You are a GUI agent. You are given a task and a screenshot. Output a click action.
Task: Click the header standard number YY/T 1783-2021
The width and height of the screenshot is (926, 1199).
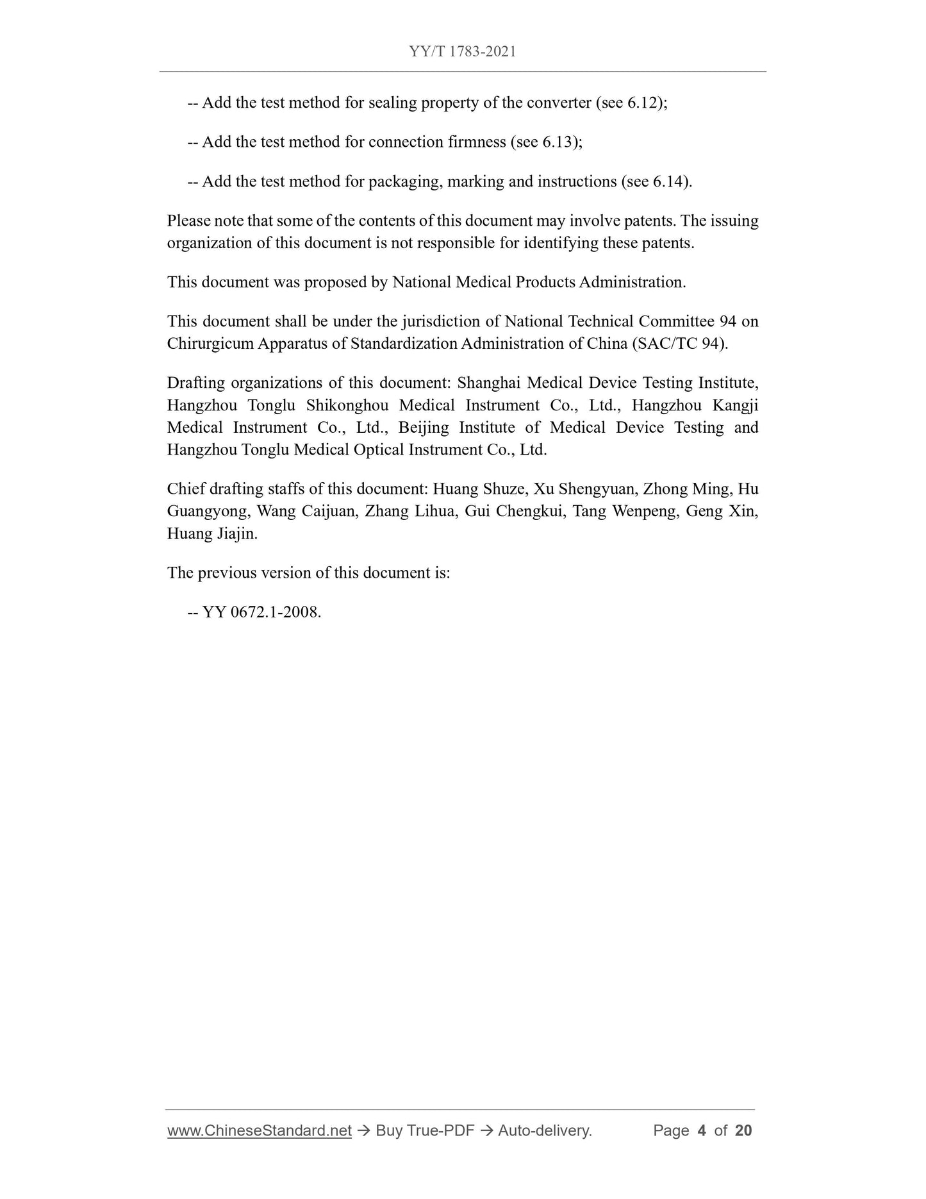pyautogui.click(x=462, y=52)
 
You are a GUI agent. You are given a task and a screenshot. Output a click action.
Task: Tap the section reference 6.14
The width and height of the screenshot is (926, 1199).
pyautogui.click(x=668, y=181)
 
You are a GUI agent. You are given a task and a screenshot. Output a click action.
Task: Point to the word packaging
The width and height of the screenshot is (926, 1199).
pyautogui.click(x=404, y=181)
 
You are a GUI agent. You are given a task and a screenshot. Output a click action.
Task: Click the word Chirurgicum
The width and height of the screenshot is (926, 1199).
pyautogui.click(x=210, y=344)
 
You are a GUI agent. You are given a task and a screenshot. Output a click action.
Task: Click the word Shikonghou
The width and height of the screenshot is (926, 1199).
pyautogui.click(x=347, y=405)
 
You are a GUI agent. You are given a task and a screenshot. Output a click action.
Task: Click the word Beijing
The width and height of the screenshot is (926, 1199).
pyautogui.click(x=424, y=428)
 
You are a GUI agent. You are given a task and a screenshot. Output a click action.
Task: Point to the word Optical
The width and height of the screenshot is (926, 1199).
pyautogui.click(x=379, y=449)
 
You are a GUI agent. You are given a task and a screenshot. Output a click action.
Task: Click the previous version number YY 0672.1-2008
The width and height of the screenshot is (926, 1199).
pyautogui.click(x=261, y=612)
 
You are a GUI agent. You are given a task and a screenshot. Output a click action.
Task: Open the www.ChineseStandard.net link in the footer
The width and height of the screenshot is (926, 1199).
pyautogui.click(x=260, y=1130)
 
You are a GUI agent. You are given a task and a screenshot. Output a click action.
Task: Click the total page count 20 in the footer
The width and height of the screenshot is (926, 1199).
pyautogui.click(x=743, y=1130)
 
